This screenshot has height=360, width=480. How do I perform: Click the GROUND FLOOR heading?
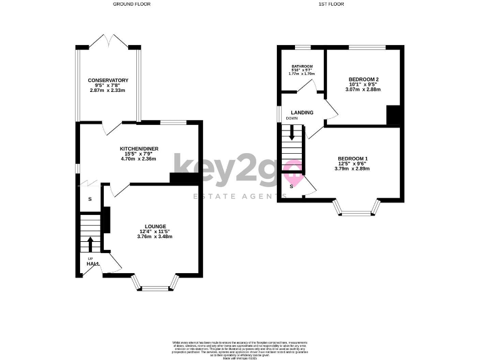coord(131,4)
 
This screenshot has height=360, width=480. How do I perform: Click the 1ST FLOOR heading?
coord(332,4)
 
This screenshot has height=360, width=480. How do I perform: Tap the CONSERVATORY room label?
coord(108,81)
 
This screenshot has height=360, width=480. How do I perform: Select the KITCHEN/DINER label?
coord(139,148)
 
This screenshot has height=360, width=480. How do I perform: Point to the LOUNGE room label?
coord(155,226)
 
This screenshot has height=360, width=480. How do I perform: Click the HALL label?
coord(93,264)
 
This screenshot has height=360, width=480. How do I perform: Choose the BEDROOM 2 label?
coord(363,79)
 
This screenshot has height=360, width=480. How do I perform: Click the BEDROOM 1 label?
coord(352,158)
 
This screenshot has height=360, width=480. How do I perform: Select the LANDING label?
coord(302,112)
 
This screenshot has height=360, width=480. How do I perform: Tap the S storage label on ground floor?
coord(89,199)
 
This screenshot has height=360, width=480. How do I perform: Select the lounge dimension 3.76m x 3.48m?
coord(155,236)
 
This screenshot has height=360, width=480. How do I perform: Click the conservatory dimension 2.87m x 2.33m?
coord(108,91)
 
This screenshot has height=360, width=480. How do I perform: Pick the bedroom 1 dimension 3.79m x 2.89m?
coord(352,168)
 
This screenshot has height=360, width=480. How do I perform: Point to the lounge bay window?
coord(154,286)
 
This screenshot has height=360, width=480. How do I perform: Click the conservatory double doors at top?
coord(108,41)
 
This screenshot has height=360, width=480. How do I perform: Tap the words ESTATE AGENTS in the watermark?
coord(231,197)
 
